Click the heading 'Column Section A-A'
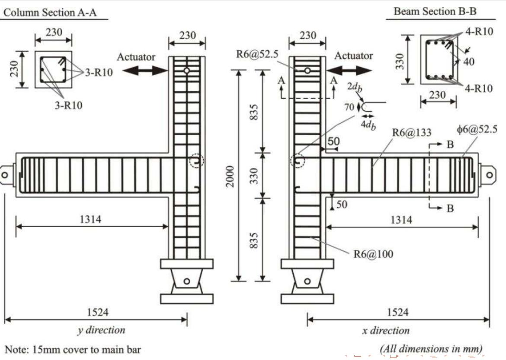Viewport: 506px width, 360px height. (50, 13)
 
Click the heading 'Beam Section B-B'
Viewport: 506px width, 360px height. (435, 12)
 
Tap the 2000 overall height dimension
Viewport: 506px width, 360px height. (231, 176)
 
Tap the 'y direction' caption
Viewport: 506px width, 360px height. (101, 330)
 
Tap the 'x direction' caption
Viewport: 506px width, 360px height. (386, 331)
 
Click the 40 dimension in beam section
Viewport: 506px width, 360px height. (468, 62)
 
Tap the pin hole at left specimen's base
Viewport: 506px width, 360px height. (186, 281)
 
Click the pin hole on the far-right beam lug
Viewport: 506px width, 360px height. (489, 175)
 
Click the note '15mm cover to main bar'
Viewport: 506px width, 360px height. (73, 349)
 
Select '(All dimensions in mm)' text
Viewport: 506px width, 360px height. (431, 349)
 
